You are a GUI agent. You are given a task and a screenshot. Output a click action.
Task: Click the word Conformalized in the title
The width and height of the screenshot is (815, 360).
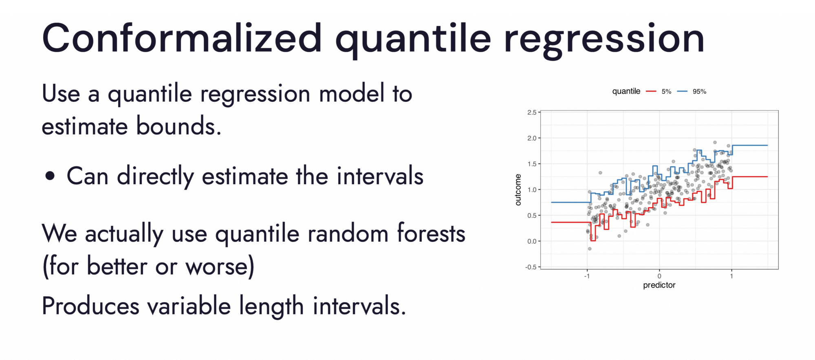point(182,38)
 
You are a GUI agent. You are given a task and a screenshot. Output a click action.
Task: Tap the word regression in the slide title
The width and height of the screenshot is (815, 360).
point(604,41)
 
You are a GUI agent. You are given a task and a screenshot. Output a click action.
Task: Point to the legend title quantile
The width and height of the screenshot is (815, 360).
point(626,91)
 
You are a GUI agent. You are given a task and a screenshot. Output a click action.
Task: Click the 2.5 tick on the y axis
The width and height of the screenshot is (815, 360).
point(532,113)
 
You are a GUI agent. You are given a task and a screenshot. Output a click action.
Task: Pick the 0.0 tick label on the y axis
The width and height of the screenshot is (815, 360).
point(532,241)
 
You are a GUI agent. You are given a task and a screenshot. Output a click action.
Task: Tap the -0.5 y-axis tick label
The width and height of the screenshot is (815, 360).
point(531,267)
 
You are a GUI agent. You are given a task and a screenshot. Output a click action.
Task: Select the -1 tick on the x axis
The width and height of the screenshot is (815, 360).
point(587,276)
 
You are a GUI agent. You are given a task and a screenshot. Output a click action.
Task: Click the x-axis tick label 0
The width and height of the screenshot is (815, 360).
point(659,276)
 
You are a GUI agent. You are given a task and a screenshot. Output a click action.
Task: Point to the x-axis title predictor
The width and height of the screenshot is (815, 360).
point(659,285)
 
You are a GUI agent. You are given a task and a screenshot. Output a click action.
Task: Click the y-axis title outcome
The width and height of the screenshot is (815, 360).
point(518,190)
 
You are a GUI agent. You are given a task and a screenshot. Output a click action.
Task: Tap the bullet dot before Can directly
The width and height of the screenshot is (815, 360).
point(50,176)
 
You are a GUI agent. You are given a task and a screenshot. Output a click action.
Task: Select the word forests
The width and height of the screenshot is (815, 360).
point(431,233)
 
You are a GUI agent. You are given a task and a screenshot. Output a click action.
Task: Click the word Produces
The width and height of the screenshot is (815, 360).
point(90,306)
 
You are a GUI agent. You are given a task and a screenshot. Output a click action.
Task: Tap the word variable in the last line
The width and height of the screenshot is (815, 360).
point(189,306)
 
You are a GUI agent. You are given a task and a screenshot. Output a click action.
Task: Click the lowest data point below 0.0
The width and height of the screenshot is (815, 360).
point(590,249)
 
